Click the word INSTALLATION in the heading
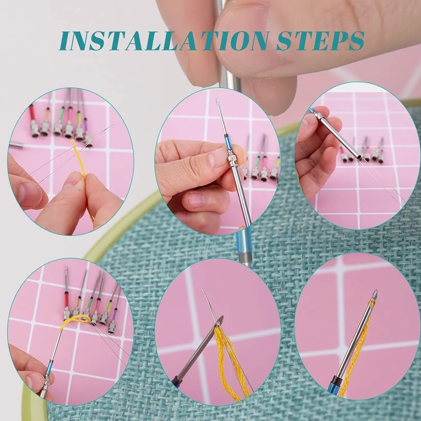pyautogui.click(x=164, y=41)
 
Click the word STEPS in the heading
pyautogui.click(x=320, y=41)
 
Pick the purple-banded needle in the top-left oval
pyautogui.click(x=87, y=132)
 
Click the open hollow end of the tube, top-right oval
pyautogui.click(x=359, y=157)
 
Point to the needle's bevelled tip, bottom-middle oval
pyautogui.click(x=221, y=320)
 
